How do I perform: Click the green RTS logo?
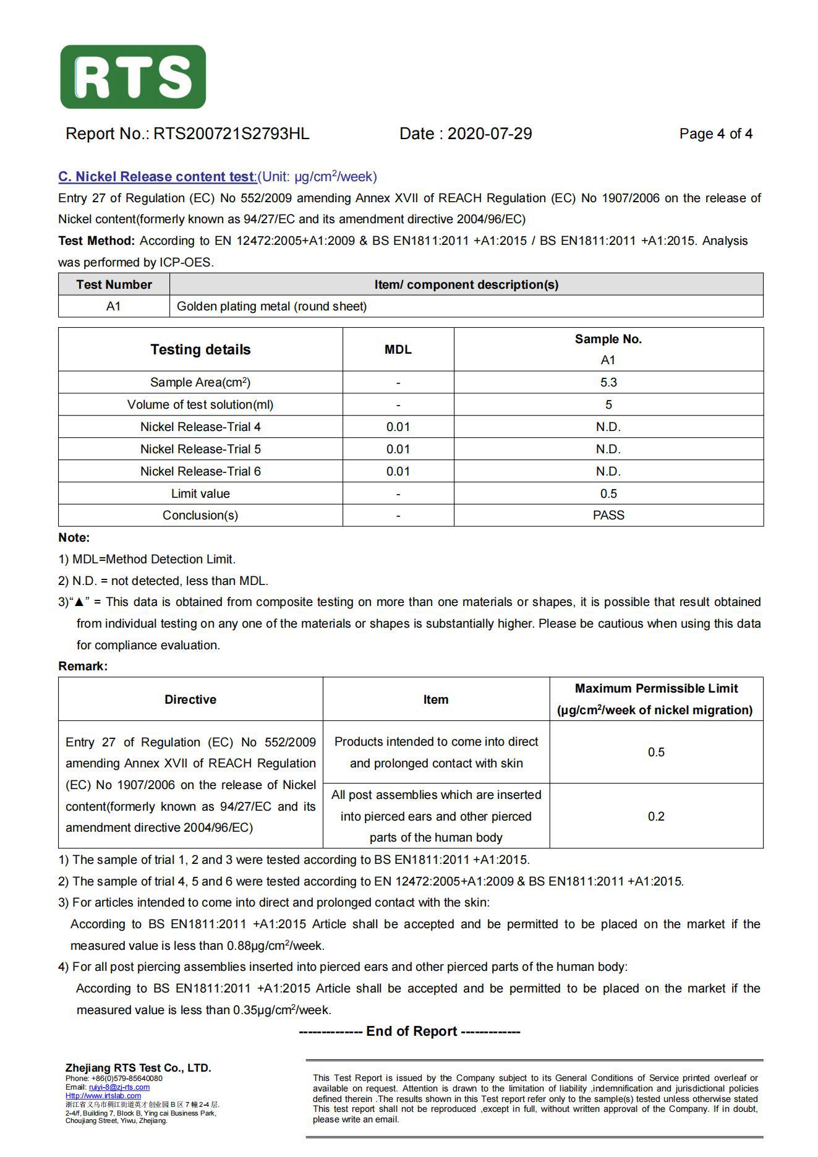133,77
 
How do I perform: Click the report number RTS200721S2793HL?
231,134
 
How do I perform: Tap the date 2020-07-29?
489,134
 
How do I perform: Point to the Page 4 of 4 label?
715,134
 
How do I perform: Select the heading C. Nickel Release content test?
157,177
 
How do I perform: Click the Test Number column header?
114,284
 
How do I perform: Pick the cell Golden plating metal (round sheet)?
271,306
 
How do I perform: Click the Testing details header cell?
200,349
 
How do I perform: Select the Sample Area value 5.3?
608,382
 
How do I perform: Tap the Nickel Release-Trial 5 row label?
200,449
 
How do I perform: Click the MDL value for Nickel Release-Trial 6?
398,471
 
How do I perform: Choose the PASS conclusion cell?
608,515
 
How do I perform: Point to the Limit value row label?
200,493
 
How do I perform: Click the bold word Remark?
83,666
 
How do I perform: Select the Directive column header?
190,699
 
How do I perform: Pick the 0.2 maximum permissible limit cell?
656,816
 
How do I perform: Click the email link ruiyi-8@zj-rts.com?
119,1087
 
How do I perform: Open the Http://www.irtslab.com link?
103,1095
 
